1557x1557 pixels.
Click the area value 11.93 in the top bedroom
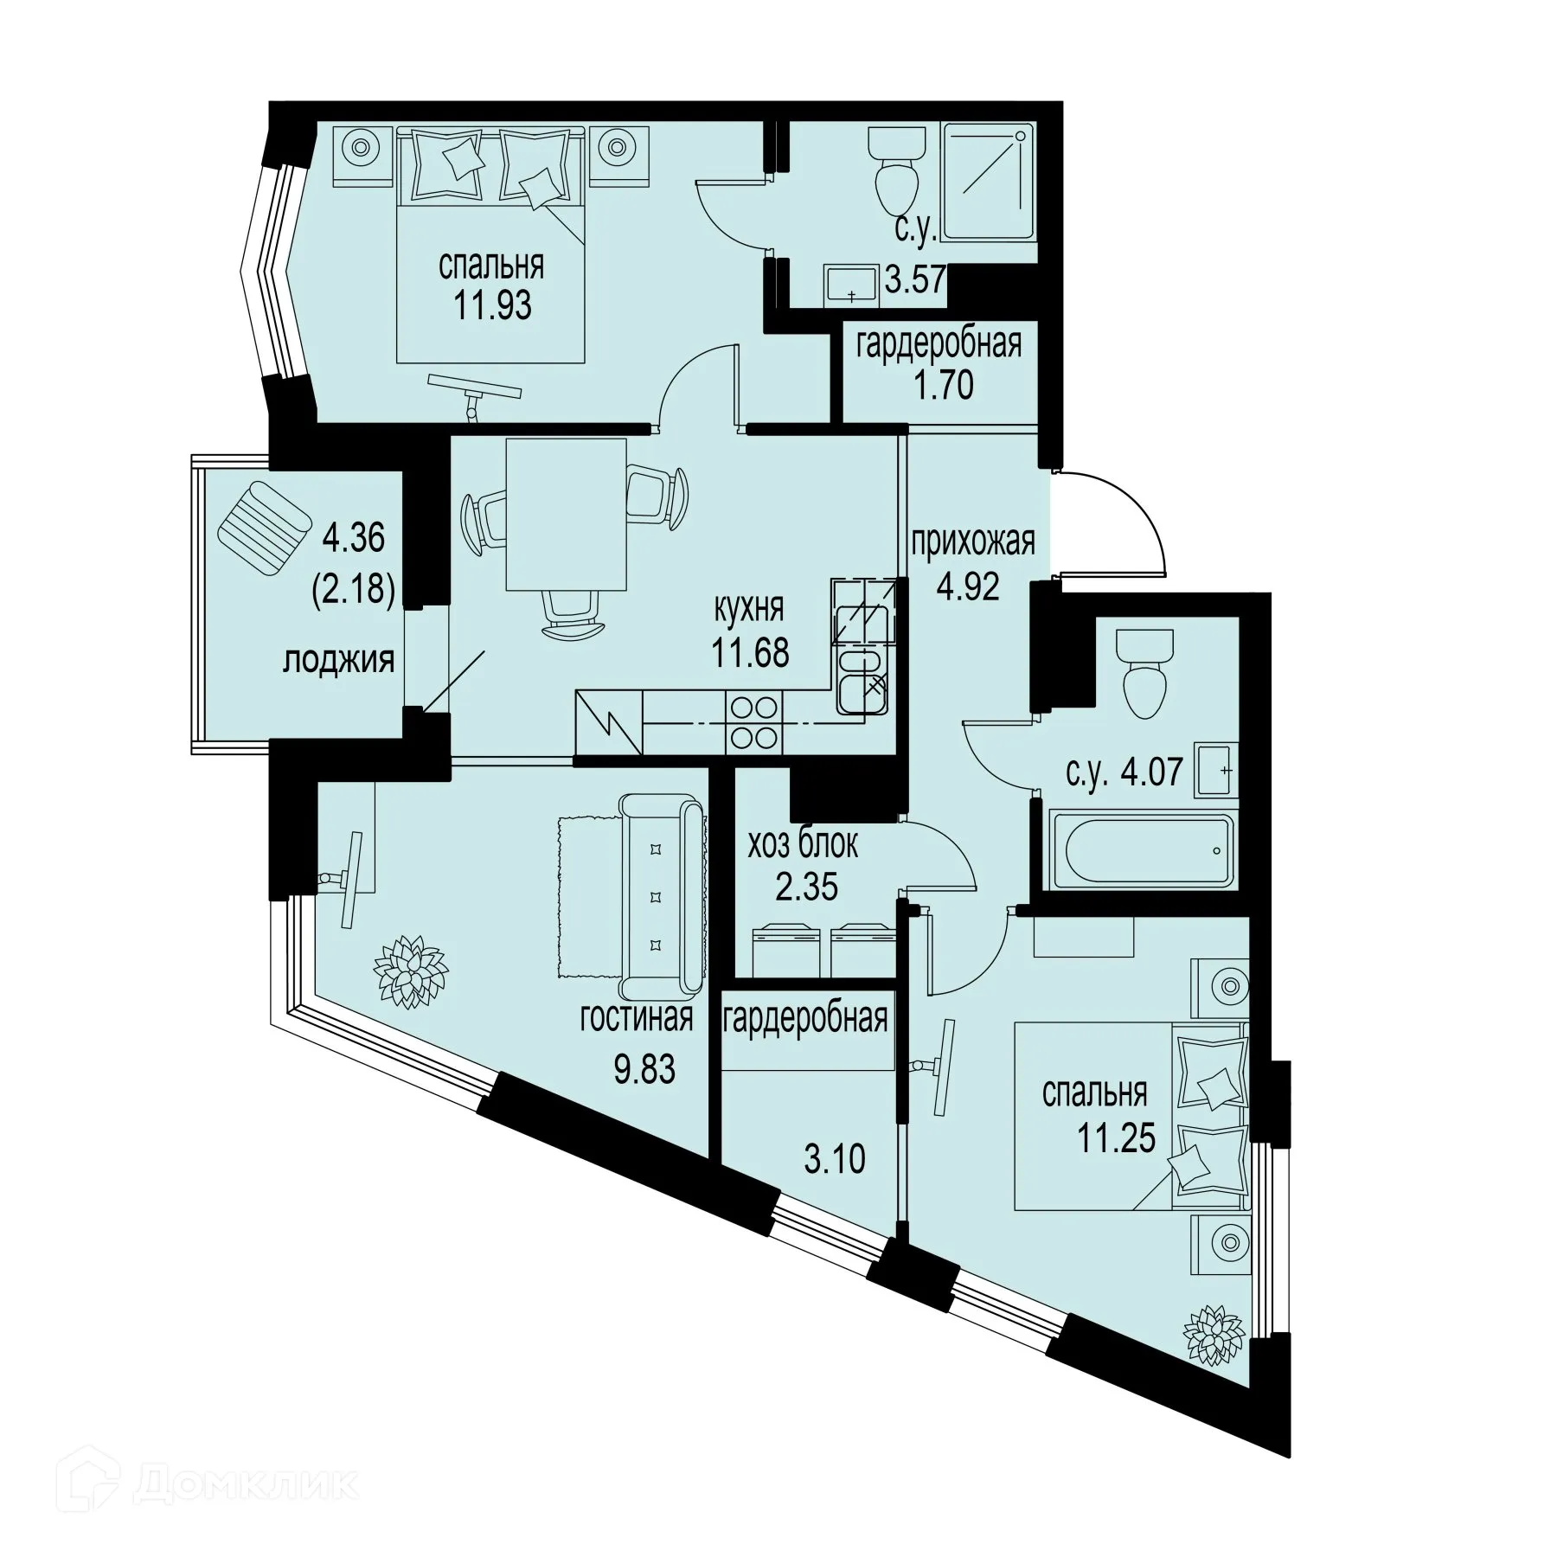pos(492,305)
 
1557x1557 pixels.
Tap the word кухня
pos(748,608)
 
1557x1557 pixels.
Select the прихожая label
pos(972,542)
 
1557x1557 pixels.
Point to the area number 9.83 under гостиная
pos(644,1070)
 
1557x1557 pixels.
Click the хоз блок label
pos(804,845)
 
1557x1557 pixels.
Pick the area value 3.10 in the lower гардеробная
pos(834,1159)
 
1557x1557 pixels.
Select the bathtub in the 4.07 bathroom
pos(1142,849)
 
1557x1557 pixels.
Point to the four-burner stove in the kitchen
pos(753,722)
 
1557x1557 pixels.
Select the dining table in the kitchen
pos(567,514)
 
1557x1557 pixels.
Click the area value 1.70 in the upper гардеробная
pos(944,385)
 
